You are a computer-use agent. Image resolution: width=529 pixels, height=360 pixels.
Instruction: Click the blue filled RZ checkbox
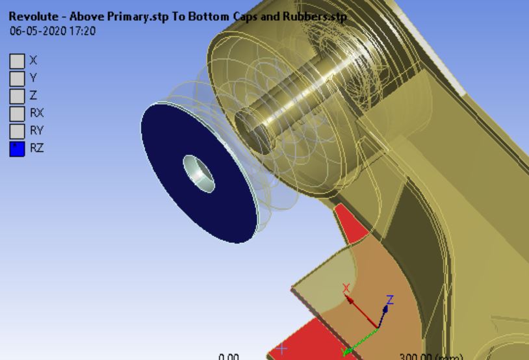(17, 149)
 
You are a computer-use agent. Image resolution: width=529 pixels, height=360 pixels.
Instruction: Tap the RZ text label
(37, 149)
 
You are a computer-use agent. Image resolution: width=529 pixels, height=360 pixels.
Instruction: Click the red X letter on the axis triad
(346, 288)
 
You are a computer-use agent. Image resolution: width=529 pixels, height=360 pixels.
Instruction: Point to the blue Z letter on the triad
(390, 300)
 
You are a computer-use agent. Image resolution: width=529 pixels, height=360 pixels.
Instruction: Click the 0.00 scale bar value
(229, 356)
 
